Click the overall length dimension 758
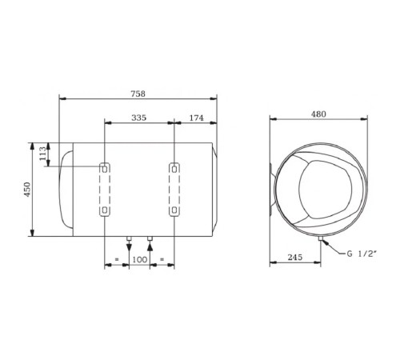coord(139,92)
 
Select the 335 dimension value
coord(139,118)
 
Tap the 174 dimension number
coord(196,118)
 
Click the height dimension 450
coord(26,190)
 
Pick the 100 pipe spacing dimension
coord(139,260)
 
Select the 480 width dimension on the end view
coord(318,114)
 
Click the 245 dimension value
coord(294,258)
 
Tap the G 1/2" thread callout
coord(362,254)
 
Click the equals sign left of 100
coord(117,260)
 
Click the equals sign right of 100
coord(162,260)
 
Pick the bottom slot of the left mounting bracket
coord(106,210)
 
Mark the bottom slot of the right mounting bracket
coord(174,210)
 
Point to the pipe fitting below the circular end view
coord(319,241)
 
